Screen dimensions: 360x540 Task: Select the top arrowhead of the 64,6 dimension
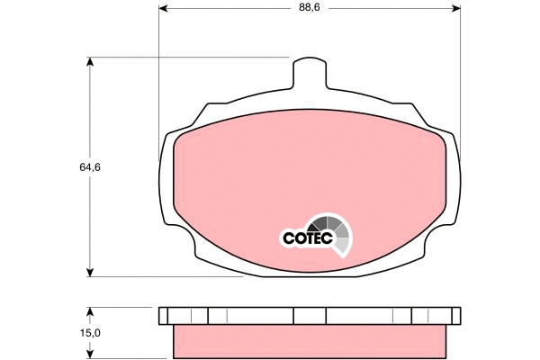tap(90, 63)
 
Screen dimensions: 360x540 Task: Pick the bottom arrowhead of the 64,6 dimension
tap(90, 272)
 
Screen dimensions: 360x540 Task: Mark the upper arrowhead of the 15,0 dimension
tap(90, 310)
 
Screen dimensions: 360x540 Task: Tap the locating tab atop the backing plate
tap(309, 72)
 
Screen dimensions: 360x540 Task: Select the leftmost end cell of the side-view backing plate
tap(164, 315)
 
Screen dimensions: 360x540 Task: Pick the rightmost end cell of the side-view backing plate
tap(454, 315)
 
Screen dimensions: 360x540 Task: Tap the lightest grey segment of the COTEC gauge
tap(343, 244)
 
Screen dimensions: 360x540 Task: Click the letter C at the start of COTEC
tap(289, 238)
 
